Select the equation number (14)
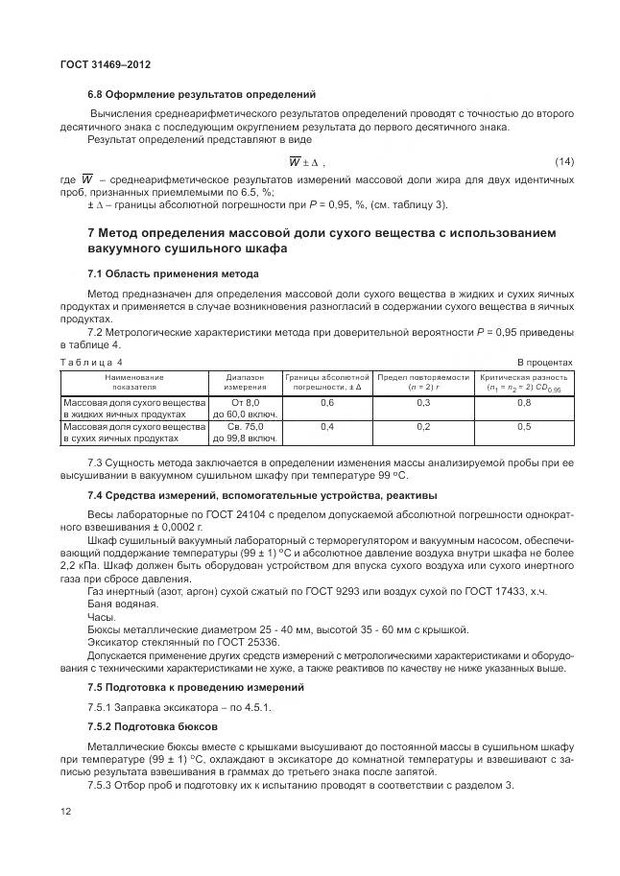[563, 162]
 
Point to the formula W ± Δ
[307, 162]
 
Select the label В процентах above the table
[544, 362]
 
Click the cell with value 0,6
[325, 404]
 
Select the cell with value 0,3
[422, 404]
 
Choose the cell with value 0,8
[524, 404]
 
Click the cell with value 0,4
[325, 427]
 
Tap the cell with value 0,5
[524, 427]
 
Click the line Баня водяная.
[120, 604]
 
